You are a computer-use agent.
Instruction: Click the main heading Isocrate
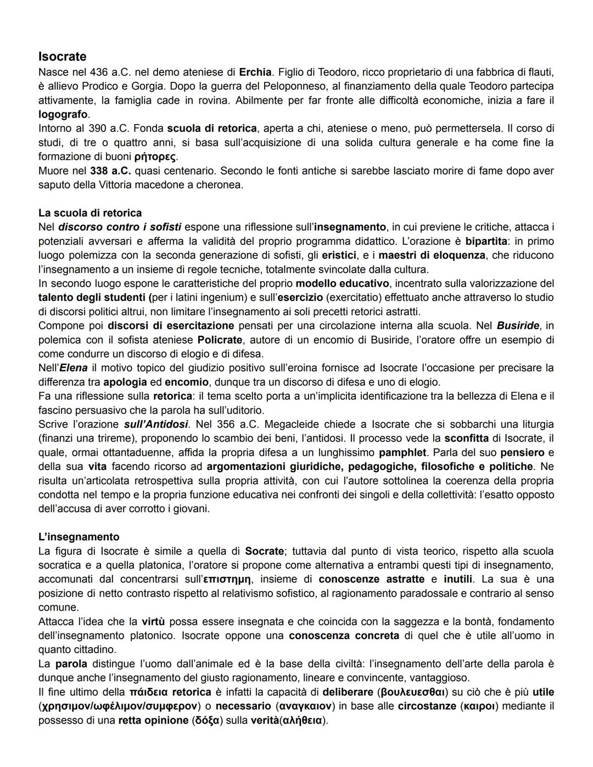[62, 57]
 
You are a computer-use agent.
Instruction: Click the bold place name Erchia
[255, 72]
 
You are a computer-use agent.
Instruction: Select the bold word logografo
[63, 114]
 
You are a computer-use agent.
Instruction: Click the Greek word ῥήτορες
[155, 156]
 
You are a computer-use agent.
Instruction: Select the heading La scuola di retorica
[89, 213]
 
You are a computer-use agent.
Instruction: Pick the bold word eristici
[339, 255]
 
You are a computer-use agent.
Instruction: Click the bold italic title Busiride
[518, 326]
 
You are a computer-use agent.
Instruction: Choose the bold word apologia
[125, 382]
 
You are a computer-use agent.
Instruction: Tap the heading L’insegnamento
[79, 537]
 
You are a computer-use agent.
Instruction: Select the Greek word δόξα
[206, 720]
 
